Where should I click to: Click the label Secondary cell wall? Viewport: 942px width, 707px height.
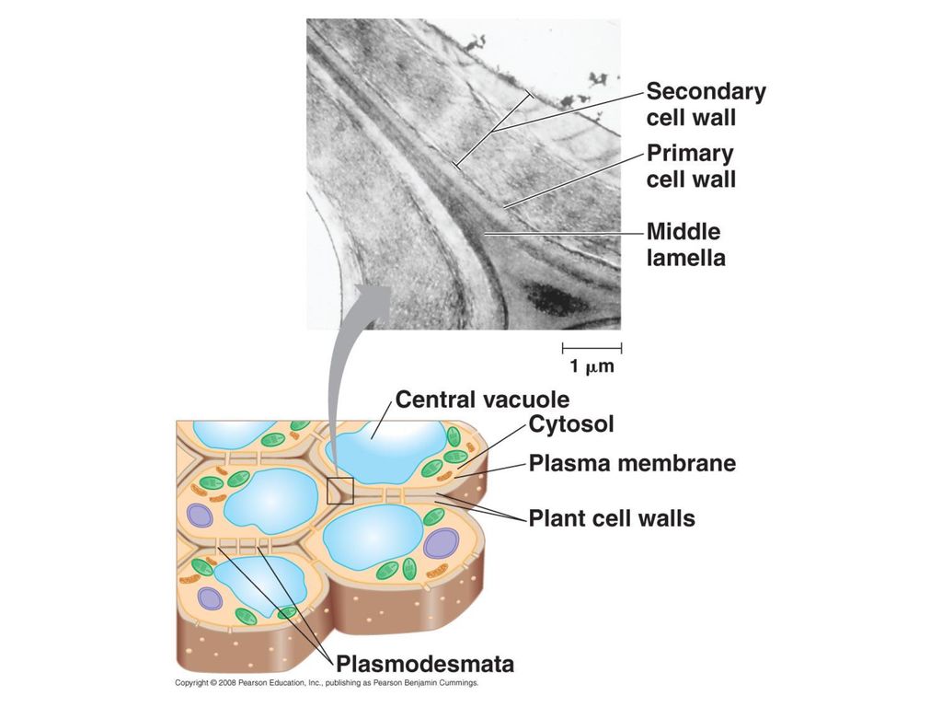pyautogui.click(x=706, y=105)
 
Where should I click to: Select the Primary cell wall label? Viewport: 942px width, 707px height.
pyautogui.click(x=691, y=167)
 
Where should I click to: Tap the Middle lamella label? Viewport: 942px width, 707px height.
pyautogui.click(x=685, y=245)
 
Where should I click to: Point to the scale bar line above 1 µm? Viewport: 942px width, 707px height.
pyautogui.click(x=592, y=347)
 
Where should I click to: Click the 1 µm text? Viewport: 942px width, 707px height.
pyautogui.click(x=592, y=366)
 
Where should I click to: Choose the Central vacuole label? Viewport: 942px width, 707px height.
pyautogui.click(x=482, y=400)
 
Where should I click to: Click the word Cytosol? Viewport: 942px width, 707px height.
pyautogui.click(x=571, y=424)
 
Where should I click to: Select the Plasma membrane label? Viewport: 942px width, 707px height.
pyautogui.click(x=632, y=463)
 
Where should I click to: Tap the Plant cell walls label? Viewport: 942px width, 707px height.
pyautogui.click(x=612, y=518)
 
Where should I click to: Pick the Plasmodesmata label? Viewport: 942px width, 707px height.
pyautogui.click(x=425, y=665)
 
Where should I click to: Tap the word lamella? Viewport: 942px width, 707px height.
pyautogui.click(x=686, y=258)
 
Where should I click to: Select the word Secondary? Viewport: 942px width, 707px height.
pyautogui.click(x=706, y=91)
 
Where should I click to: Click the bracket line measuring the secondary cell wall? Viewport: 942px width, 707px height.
pyautogui.click(x=493, y=129)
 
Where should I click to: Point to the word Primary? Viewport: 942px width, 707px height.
pyautogui.click(x=690, y=154)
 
